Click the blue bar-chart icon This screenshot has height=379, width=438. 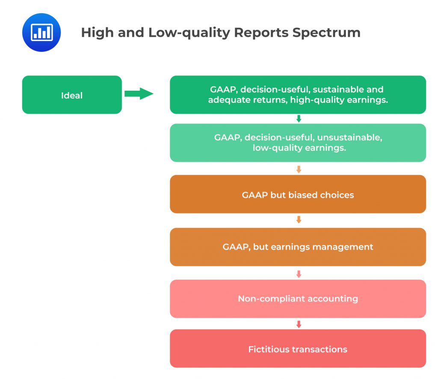tap(41, 33)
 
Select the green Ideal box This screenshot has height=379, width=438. tap(72, 95)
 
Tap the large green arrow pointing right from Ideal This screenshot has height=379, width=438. tap(139, 94)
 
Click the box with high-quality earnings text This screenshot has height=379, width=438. tap(298, 95)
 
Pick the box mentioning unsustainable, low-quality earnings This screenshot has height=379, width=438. tap(298, 143)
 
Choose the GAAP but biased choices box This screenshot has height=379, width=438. tap(298, 194)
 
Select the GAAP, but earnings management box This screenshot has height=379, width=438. tap(298, 247)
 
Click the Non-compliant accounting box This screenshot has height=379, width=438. tap(298, 299)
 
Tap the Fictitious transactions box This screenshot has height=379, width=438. tap(298, 349)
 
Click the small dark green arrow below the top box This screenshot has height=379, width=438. tap(299, 119)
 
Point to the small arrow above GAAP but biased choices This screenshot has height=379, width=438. tap(299, 169)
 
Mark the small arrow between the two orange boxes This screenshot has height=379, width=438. tap(299, 220)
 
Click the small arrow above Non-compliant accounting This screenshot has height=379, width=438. tap(299, 274)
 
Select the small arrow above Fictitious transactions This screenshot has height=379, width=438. tap(299, 324)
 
